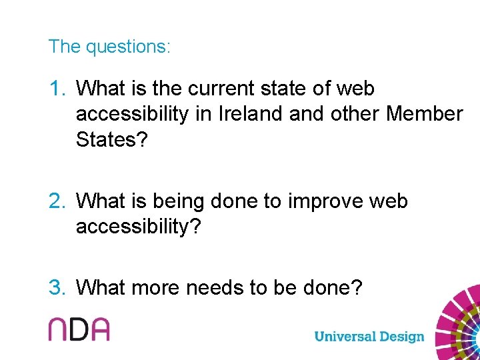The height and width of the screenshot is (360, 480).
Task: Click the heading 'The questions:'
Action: (109, 47)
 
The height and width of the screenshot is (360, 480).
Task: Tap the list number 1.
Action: (57, 89)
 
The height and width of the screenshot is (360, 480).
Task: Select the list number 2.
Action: (58, 201)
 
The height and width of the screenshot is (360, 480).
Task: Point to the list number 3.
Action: (58, 288)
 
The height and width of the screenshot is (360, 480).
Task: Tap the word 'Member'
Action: (424, 114)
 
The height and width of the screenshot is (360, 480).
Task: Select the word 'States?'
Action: (111, 140)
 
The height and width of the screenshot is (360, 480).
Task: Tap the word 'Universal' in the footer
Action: (345, 336)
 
